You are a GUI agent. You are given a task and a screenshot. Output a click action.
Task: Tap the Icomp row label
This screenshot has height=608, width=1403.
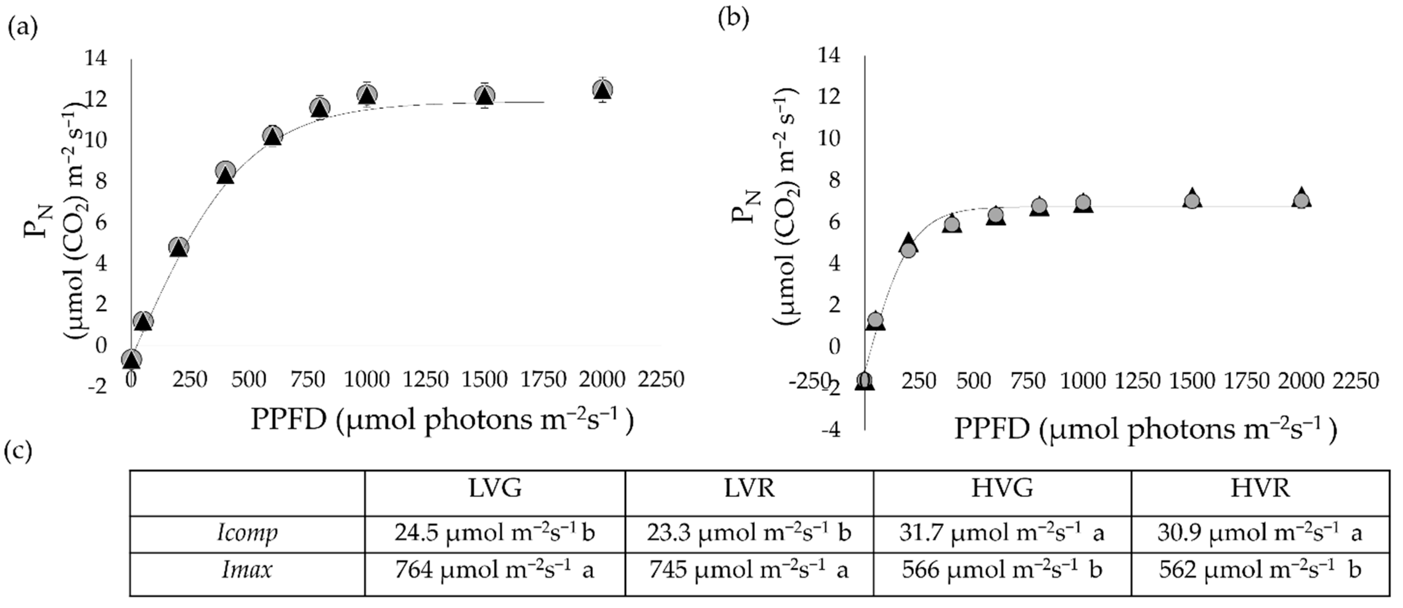[247, 533]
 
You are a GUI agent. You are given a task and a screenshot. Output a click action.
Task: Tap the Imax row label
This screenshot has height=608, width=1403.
[247, 570]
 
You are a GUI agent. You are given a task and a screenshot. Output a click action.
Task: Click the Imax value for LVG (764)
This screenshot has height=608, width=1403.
[494, 570]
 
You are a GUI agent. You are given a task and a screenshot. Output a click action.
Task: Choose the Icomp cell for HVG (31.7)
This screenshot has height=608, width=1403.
[1002, 533]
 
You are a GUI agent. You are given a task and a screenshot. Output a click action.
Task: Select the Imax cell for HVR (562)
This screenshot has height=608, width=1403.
[1260, 570]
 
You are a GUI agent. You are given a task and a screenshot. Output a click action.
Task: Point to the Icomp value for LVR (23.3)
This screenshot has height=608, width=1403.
[749, 533]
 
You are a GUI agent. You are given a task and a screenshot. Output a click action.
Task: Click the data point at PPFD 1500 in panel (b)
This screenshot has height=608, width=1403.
[1192, 200]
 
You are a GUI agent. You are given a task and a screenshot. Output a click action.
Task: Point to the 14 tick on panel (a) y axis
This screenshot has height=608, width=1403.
[95, 58]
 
